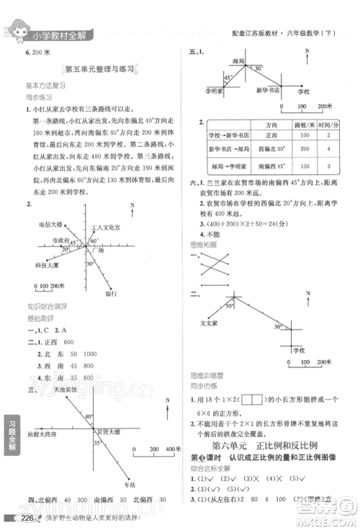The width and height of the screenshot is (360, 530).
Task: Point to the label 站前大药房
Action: [42, 436]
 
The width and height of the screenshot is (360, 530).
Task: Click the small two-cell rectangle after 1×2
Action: [252, 398]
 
